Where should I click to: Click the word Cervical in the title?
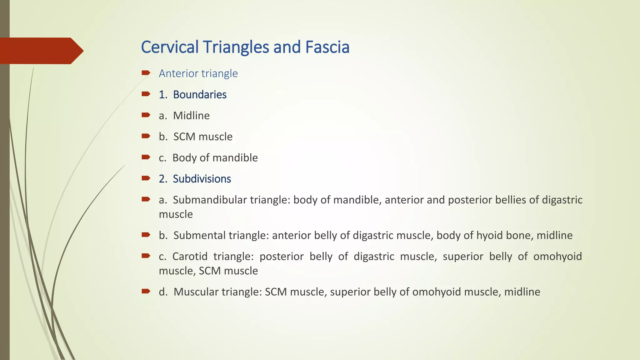click(170, 47)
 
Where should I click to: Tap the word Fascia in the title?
click(327, 47)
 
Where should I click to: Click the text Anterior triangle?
click(198, 73)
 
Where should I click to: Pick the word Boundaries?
click(200, 95)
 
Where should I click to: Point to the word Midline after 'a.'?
click(191, 116)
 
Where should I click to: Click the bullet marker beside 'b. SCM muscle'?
click(146, 136)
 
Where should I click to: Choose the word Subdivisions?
click(202, 179)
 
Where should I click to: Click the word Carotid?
click(190, 256)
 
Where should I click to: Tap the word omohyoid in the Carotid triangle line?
click(557, 256)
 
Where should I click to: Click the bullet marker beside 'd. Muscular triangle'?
click(146, 291)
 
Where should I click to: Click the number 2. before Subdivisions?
click(163, 179)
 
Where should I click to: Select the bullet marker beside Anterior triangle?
click(146, 73)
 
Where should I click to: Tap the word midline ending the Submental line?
click(554, 235)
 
